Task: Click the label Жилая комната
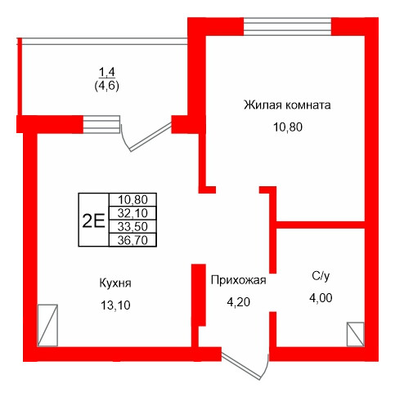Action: click(286, 105)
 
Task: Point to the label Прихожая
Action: click(238, 280)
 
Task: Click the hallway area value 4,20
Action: click(238, 301)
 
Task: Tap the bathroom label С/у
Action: click(321, 277)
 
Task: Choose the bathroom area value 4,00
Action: click(321, 298)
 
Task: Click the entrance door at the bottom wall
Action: click(245, 366)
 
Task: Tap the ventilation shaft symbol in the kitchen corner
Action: click(48, 326)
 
